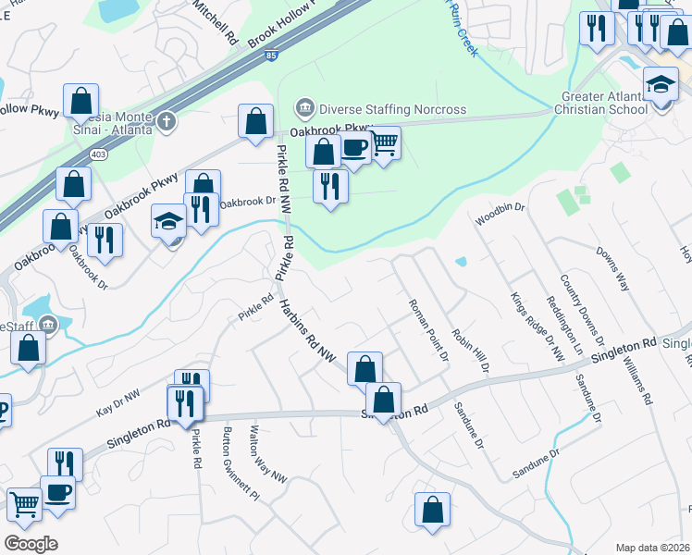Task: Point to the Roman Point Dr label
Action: coord(428,328)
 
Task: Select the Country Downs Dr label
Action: coord(582,310)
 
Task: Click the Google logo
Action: coord(31,544)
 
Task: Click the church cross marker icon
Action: coord(166,121)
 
